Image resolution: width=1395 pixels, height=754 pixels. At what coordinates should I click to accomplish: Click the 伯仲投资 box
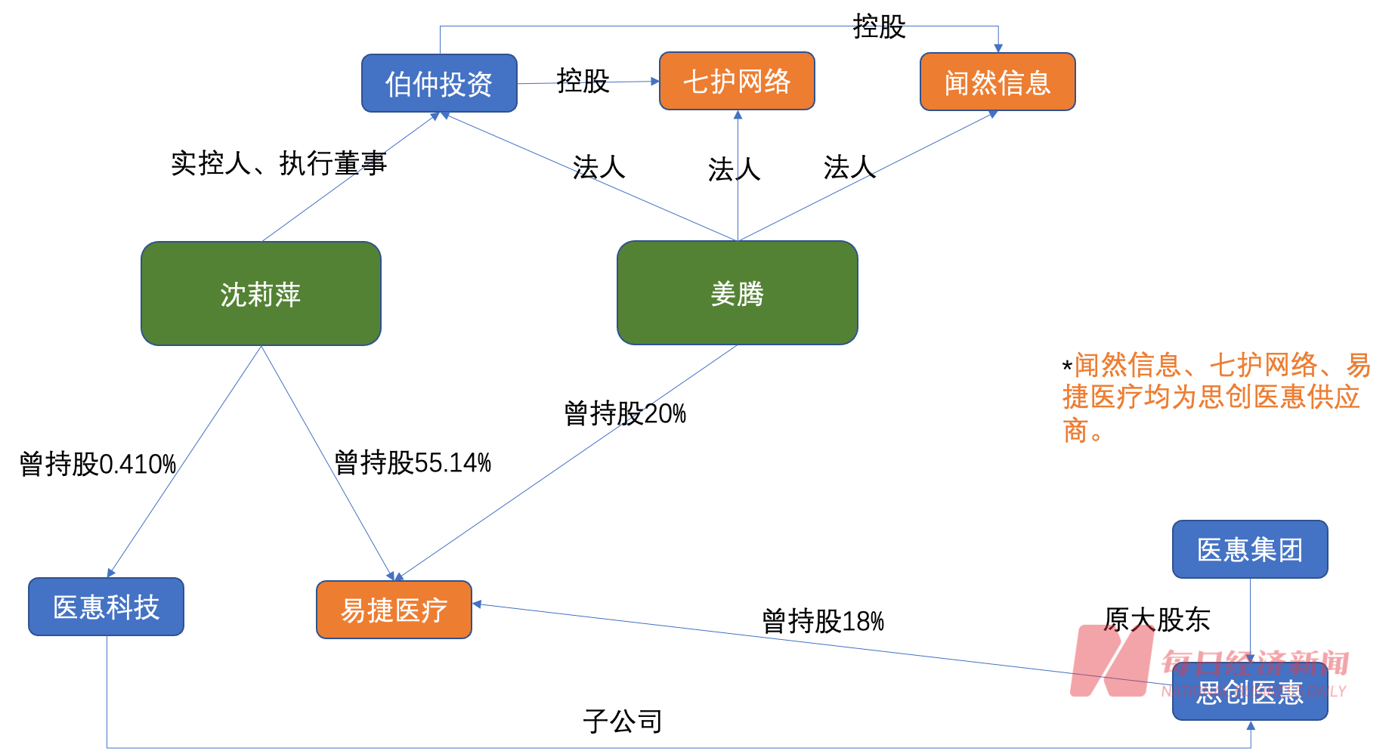click(x=439, y=83)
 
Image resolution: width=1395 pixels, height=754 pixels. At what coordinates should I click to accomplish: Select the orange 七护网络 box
click(x=737, y=81)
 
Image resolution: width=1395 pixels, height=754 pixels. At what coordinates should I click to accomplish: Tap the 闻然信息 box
click(x=998, y=82)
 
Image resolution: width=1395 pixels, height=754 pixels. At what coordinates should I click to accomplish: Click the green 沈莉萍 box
click(x=261, y=294)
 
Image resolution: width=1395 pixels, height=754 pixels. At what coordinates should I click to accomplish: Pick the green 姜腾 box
click(x=737, y=293)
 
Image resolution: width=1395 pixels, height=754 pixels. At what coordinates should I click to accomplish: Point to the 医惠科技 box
click(x=106, y=607)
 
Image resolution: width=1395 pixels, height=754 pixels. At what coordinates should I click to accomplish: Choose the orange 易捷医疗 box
click(x=394, y=610)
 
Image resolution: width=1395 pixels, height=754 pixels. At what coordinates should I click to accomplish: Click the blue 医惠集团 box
click(x=1250, y=549)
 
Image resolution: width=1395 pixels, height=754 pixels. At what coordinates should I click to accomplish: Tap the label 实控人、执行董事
click(x=278, y=163)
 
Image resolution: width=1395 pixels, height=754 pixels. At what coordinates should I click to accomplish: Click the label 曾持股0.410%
click(x=97, y=464)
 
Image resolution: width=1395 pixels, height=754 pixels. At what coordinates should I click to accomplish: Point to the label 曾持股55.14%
click(x=413, y=462)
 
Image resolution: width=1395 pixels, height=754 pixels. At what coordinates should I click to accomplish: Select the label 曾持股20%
click(x=625, y=413)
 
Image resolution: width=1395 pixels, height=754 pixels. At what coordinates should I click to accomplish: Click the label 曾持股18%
click(x=823, y=621)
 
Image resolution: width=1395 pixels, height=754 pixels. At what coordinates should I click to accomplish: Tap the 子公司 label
click(x=623, y=722)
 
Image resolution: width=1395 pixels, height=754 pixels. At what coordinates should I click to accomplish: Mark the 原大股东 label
click(x=1157, y=620)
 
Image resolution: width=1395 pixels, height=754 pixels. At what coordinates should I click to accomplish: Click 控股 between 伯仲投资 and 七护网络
click(x=583, y=81)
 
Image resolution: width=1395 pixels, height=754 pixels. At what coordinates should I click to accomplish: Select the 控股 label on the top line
click(x=879, y=26)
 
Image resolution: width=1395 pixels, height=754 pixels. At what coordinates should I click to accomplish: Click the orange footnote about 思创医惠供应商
click(x=1215, y=397)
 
